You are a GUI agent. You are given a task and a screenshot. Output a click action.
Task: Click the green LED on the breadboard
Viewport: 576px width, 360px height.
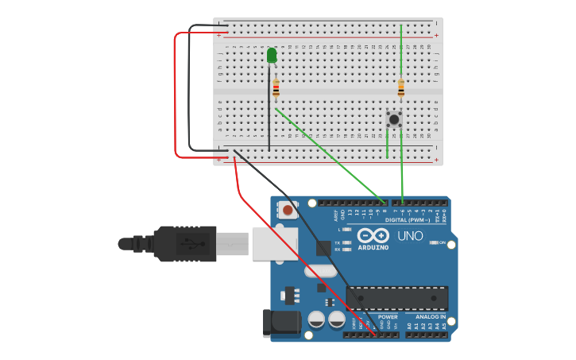[x=272, y=55]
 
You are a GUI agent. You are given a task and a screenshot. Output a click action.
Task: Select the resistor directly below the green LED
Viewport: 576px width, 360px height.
[x=276, y=89]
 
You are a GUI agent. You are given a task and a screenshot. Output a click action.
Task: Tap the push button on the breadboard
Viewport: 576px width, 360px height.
[x=394, y=119]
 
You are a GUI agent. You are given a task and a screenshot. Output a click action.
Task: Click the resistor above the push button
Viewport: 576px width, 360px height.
[x=401, y=88]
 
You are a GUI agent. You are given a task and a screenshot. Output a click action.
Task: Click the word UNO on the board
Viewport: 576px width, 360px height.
[x=410, y=236]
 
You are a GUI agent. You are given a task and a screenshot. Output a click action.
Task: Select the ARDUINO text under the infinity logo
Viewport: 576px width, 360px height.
[x=373, y=247]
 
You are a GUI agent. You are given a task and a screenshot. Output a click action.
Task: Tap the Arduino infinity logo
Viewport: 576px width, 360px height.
[x=373, y=235]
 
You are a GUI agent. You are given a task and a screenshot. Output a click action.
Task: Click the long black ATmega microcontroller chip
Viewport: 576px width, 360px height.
[x=396, y=297]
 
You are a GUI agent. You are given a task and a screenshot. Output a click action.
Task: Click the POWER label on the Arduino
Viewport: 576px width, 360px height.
[x=387, y=316]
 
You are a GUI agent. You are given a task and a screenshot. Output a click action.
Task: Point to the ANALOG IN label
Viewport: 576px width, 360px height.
[x=431, y=316]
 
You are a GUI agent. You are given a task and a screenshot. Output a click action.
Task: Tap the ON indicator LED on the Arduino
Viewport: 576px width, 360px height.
[x=433, y=242]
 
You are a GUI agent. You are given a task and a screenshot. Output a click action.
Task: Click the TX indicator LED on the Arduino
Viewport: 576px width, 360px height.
[x=347, y=242]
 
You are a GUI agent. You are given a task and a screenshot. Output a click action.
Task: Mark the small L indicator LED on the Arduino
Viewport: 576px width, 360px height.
[x=347, y=229]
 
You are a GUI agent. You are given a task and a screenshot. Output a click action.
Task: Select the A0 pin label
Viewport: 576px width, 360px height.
[x=410, y=326]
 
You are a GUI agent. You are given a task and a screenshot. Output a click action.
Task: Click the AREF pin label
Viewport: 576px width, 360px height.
[x=336, y=214]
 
